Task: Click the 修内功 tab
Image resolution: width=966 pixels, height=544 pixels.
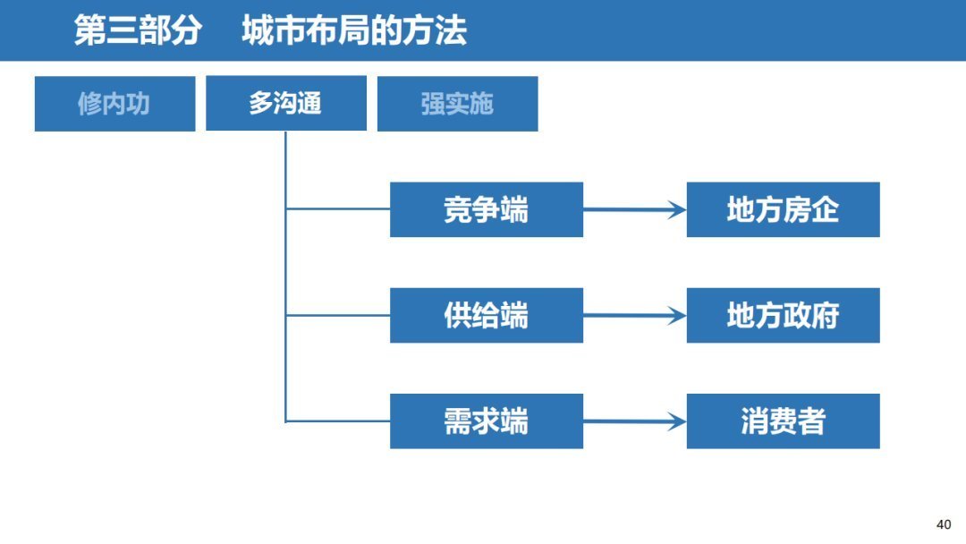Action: (x=114, y=104)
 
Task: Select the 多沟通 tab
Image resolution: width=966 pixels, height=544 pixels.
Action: (x=286, y=104)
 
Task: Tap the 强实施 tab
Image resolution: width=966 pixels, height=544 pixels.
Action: (x=457, y=104)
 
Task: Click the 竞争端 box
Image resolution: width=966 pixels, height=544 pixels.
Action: (x=486, y=209)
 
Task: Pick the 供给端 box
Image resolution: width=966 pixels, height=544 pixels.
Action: (x=486, y=315)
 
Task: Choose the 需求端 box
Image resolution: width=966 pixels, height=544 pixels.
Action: (x=486, y=421)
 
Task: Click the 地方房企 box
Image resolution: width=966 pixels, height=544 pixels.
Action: (x=783, y=209)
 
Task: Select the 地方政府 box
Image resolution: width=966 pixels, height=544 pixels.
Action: (x=783, y=315)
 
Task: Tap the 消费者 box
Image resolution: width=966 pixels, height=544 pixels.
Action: (x=783, y=421)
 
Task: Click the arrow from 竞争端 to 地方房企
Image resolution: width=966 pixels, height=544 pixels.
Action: (x=634, y=210)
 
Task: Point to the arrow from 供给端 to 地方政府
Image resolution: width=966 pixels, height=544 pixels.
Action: (x=634, y=316)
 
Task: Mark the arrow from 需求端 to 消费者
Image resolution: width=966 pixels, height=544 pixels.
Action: (x=634, y=421)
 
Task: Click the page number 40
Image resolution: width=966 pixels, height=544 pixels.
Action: (x=943, y=524)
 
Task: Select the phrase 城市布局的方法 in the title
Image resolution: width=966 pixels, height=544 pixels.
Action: (x=353, y=31)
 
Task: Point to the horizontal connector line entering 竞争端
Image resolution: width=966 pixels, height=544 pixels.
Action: (x=338, y=209)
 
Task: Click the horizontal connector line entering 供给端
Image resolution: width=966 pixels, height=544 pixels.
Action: (x=338, y=315)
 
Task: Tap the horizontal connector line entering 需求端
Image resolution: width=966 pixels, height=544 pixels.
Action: (x=338, y=421)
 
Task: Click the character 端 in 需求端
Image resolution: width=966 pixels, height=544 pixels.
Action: (x=514, y=421)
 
